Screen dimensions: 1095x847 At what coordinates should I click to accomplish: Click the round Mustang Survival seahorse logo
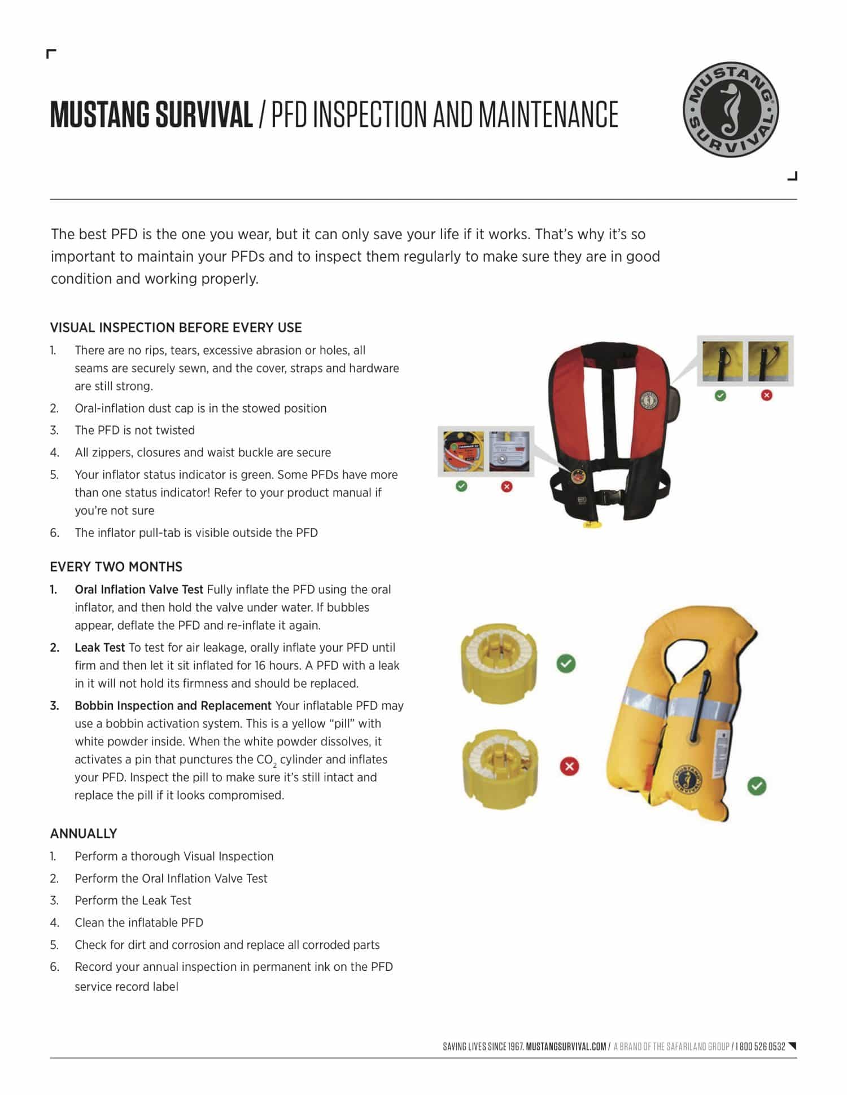[731, 109]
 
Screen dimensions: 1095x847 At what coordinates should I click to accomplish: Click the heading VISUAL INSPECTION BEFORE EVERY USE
[176, 328]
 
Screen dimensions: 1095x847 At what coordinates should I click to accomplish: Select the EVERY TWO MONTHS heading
[116, 567]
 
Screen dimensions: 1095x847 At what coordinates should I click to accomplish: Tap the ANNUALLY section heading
[84, 834]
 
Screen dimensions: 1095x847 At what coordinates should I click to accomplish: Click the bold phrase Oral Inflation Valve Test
[139, 590]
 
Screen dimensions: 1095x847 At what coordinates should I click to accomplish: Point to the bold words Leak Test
[99, 648]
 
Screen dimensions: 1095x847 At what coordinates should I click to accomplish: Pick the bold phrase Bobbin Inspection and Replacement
[173, 706]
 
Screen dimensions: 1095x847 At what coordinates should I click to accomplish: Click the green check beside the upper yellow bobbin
[566, 664]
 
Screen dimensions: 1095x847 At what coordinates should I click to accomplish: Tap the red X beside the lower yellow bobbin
[569, 767]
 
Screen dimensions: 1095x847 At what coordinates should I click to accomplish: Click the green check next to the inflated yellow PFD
[757, 786]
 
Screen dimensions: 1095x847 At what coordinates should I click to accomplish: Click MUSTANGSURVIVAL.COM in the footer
[566, 1046]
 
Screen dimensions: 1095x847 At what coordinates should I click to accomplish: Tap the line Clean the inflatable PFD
[139, 922]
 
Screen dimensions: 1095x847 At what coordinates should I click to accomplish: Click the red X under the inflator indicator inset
[507, 486]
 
